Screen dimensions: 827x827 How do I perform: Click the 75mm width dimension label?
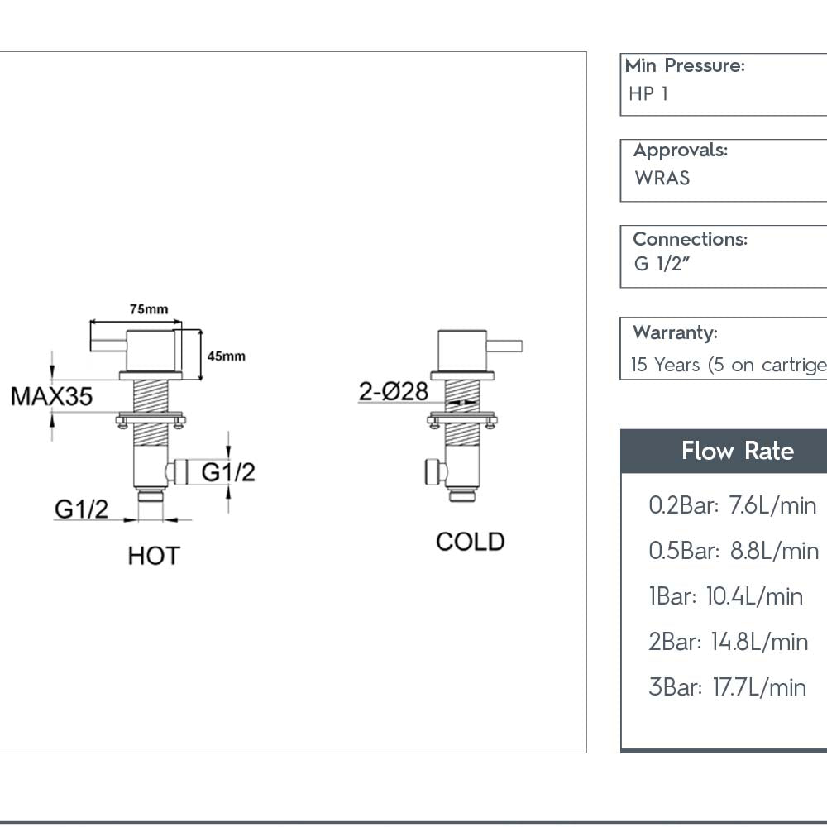coord(148,308)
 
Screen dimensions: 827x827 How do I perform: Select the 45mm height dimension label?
coord(226,356)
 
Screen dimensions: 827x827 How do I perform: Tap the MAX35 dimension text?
coord(51,396)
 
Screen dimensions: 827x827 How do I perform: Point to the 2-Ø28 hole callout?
coord(393,391)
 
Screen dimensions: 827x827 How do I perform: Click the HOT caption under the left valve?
coord(154,556)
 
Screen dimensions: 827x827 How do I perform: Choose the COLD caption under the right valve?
coord(470,542)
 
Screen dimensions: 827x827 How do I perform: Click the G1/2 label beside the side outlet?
coord(228,472)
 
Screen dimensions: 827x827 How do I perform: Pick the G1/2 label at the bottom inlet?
coord(81,509)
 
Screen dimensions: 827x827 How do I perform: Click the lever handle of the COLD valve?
coord(506,346)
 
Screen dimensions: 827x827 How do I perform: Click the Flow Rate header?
coord(737,452)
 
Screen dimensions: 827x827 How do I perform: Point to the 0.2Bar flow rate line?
coord(732,505)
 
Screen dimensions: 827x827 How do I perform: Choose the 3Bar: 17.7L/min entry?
coord(727,687)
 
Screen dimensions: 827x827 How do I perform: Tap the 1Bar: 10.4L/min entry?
coord(725,596)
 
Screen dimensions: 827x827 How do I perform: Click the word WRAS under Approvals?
coord(662,178)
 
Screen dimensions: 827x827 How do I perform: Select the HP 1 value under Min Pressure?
coord(648,94)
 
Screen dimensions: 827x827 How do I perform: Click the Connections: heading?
coord(690,239)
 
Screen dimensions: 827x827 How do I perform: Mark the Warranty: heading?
coord(675,332)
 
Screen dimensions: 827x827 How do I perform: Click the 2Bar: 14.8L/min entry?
coord(728,642)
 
